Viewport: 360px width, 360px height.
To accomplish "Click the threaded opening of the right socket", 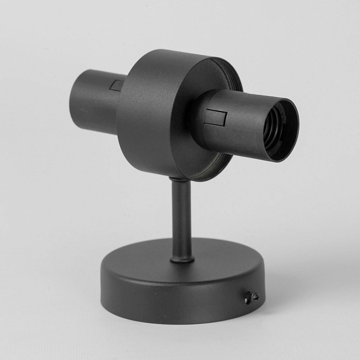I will point(279,130).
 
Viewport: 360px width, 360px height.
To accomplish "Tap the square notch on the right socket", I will point(217,118).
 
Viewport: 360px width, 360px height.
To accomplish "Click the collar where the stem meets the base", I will point(182,259).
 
